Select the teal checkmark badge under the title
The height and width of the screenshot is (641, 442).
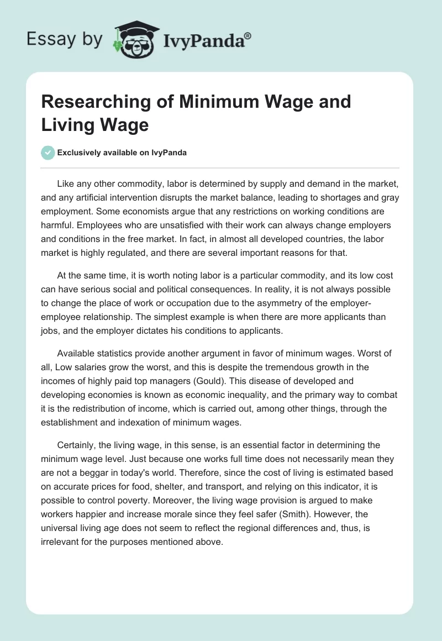[x=48, y=153]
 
